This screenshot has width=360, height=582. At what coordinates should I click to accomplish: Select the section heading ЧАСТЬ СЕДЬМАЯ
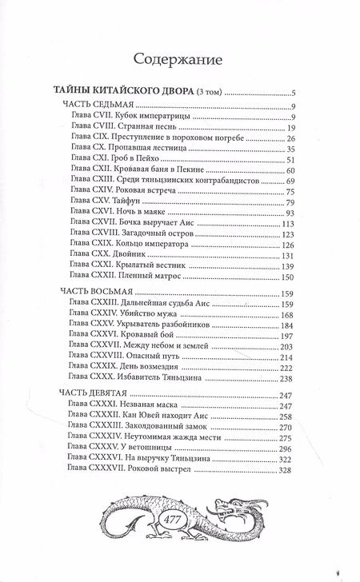tap(98, 105)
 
